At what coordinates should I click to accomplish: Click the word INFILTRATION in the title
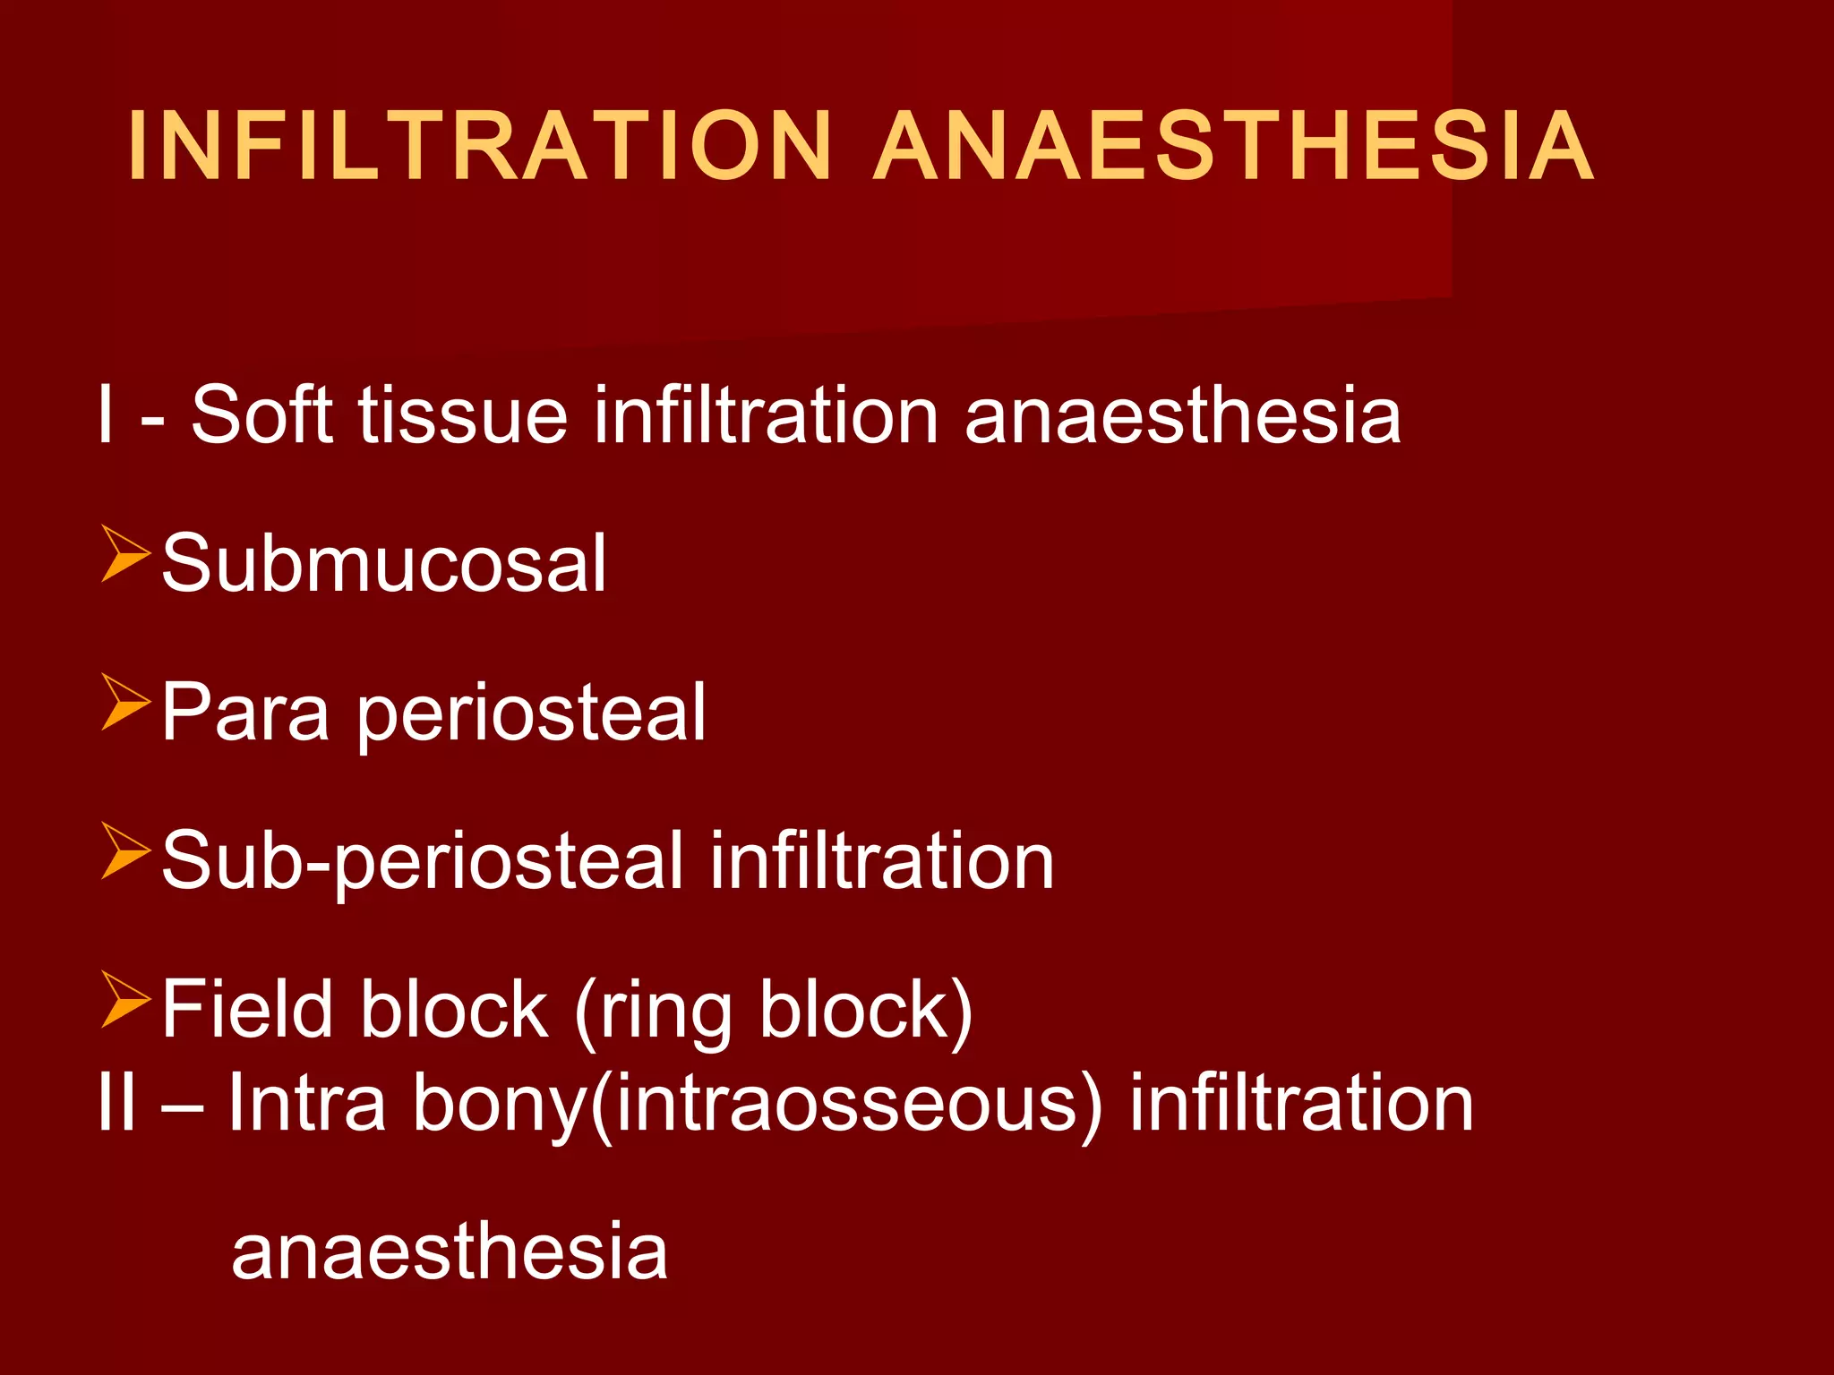pos(480,146)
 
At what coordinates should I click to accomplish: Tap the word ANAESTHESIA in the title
pos(1233,146)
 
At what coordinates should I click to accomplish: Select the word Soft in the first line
pos(262,414)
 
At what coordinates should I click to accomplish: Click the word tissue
pos(463,414)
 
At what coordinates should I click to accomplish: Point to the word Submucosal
pos(384,563)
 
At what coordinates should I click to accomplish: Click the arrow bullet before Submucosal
pos(124,554)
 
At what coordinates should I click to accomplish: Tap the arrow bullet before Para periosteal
pos(124,703)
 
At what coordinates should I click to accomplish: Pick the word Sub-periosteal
pos(423,862)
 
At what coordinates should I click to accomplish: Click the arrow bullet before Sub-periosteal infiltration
pos(124,851)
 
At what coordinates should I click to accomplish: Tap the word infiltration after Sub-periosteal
pos(882,860)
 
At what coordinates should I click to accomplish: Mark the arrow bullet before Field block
pos(124,1000)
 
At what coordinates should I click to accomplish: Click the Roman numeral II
pos(116,1103)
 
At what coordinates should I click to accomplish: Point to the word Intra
pos(307,1103)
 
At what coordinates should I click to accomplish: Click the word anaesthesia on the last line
pos(449,1251)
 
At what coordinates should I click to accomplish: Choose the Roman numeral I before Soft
pos(107,414)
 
